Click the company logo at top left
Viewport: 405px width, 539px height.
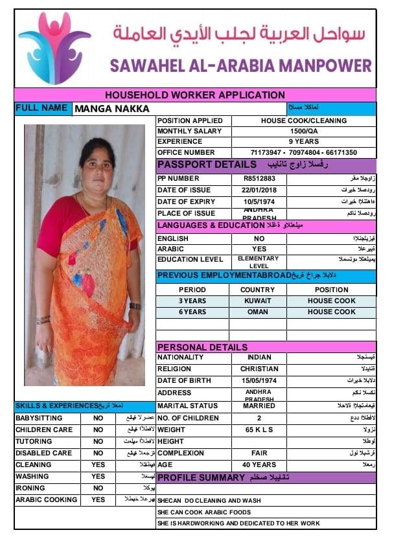pyautogui.click(x=54, y=48)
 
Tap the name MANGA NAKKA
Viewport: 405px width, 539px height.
pyautogui.click(x=112, y=109)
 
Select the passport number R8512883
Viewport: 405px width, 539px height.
pyautogui.click(x=259, y=178)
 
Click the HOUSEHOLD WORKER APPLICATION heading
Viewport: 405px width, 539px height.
pyautogui.click(x=195, y=95)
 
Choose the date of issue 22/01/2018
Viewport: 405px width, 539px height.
pyautogui.click(x=259, y=190)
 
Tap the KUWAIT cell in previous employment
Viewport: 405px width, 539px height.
pyautogui.click(x=257, y=301)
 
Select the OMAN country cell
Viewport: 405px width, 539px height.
pyautogui.click(x=257, y=312)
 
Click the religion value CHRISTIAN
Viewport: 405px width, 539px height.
pyautogui.click(x=259, y=369)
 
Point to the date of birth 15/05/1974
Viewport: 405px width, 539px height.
pyautogui.click(x=259, y=380)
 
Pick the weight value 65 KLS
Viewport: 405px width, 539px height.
pyautogui.click(x=259, y=430)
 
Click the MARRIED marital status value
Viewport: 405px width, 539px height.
pyautogui.click(x=259, y=406)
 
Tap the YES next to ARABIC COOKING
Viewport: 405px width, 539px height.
pyautogui.click(x=98, y=500)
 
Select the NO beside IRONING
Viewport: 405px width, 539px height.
pyautogui.click(x=98, y=488)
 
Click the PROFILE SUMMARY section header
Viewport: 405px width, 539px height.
pyautogui.click(x=201, y=477)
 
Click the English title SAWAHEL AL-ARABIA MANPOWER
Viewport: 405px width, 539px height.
pyautogui.click(x=241, y=65)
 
